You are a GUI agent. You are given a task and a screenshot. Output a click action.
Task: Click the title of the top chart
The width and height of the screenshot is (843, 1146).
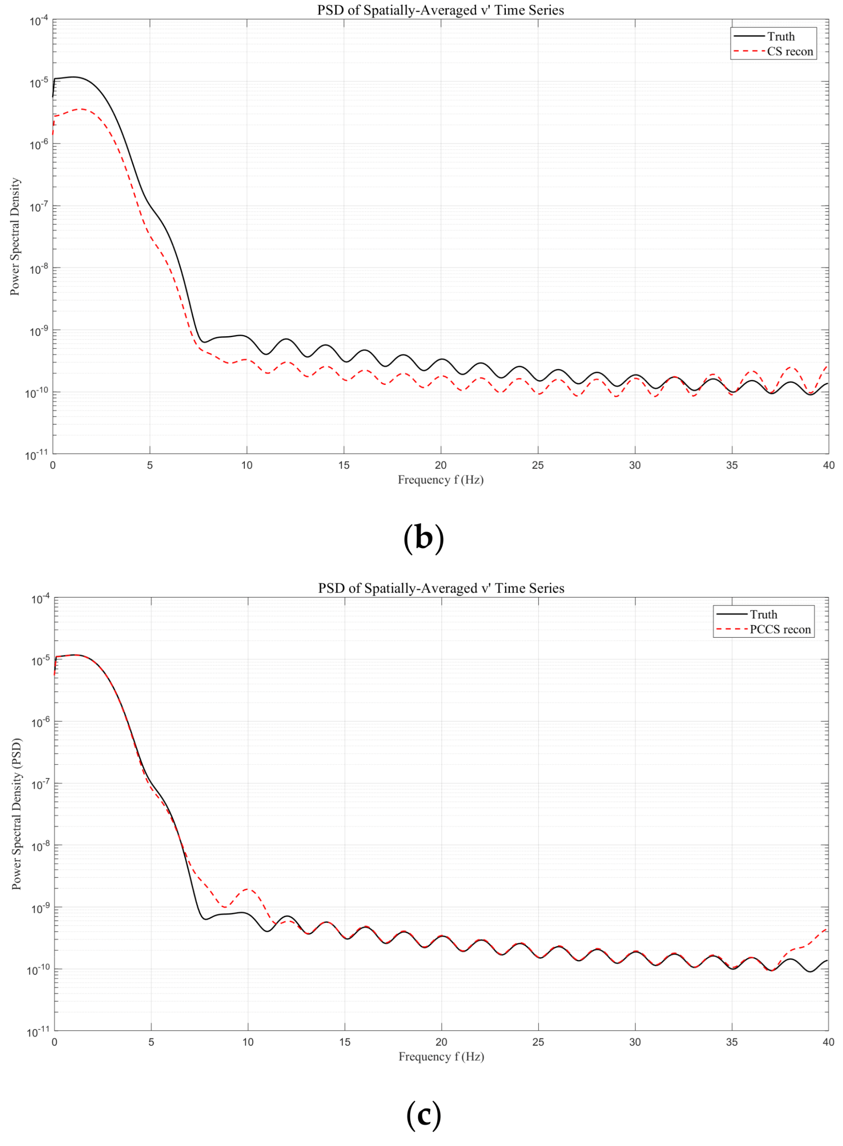[440, 10]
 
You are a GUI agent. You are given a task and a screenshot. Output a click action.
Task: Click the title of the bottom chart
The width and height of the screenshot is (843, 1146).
[441, 588]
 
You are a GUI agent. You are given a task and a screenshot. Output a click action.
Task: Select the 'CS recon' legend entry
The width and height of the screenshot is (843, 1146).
[789, 52]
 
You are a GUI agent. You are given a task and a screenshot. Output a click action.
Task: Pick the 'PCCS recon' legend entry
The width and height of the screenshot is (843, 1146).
[780, 629]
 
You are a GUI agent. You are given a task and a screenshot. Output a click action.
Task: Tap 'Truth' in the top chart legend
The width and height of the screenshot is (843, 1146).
[781, 37]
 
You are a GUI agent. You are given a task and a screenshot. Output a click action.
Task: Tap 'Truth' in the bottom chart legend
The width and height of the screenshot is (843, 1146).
[764, 614]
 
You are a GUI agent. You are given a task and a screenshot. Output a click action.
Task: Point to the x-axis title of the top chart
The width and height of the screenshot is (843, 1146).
[440, 479]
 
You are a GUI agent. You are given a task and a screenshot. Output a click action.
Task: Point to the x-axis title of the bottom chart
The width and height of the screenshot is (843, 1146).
[441, 1056]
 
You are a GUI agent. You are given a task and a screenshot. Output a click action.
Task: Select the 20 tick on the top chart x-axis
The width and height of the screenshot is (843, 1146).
[440, 465]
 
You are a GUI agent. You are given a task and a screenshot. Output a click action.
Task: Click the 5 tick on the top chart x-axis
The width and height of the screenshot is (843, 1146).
[150, 465]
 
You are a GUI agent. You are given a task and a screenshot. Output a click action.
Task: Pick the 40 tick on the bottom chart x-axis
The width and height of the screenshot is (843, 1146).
[828, 1042]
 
